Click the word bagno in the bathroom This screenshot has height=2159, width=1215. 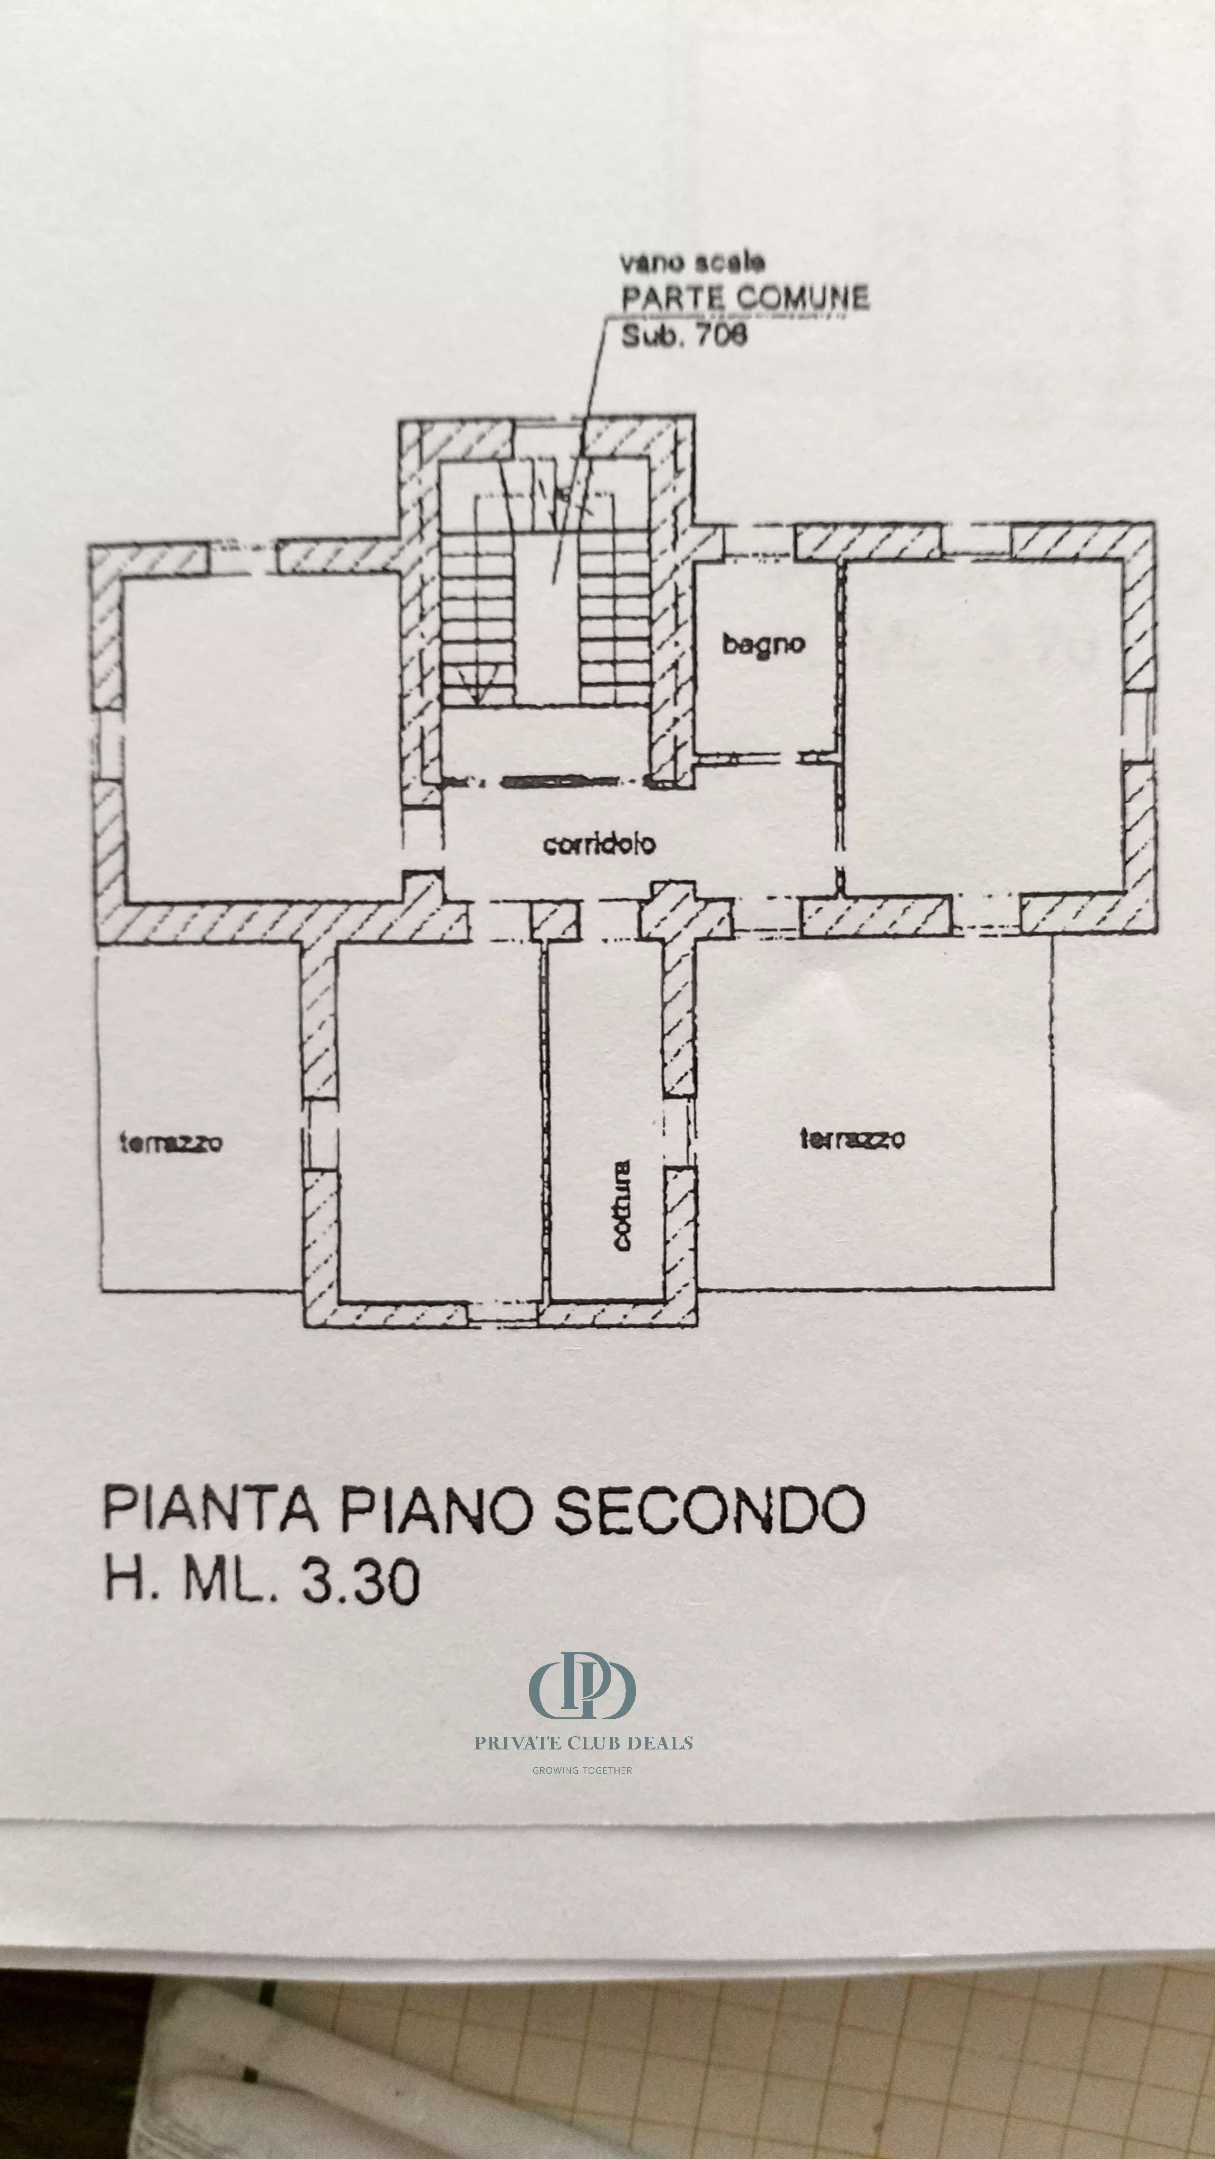[x=763, y=645]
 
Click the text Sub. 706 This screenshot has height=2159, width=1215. [x=683, y=336]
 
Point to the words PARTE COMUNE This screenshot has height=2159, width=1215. [x=745, y=298]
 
